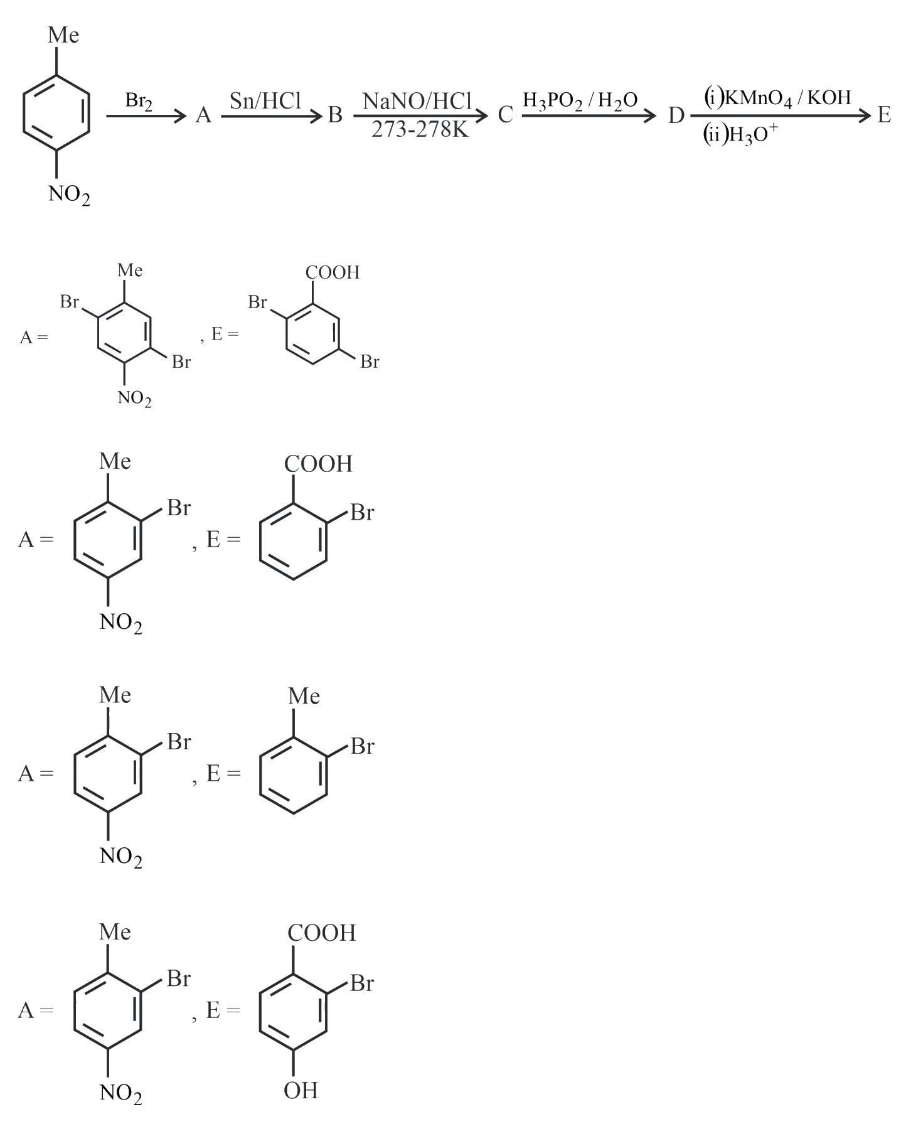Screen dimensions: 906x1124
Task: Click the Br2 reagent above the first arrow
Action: (139, 102)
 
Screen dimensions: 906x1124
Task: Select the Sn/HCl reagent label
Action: (265, 100)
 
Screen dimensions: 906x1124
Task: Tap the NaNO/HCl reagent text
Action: (417, 100)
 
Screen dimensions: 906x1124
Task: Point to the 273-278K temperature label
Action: (420, 129)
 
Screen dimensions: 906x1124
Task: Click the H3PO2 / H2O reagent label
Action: (580, 100)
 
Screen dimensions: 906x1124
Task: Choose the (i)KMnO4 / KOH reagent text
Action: (777, 98)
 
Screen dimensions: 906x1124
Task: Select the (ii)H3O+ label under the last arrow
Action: (740, 135)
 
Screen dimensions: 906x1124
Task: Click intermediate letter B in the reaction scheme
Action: (336, 115)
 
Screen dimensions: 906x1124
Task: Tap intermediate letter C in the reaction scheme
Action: (505, 115)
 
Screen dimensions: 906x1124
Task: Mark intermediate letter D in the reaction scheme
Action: (676, 115)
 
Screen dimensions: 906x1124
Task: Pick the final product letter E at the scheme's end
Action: (884, 115)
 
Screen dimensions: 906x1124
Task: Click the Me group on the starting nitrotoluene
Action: (63, 35)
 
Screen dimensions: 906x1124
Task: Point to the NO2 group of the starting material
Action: (69, 195)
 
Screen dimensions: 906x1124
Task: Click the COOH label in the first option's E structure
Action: (333, 272)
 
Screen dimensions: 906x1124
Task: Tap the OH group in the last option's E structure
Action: (301, 1090)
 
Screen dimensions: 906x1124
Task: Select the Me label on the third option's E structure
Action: (304, 696)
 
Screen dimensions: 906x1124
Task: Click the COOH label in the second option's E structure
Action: (318, 464)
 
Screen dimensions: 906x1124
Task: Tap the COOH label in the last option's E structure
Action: (321, 933)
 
